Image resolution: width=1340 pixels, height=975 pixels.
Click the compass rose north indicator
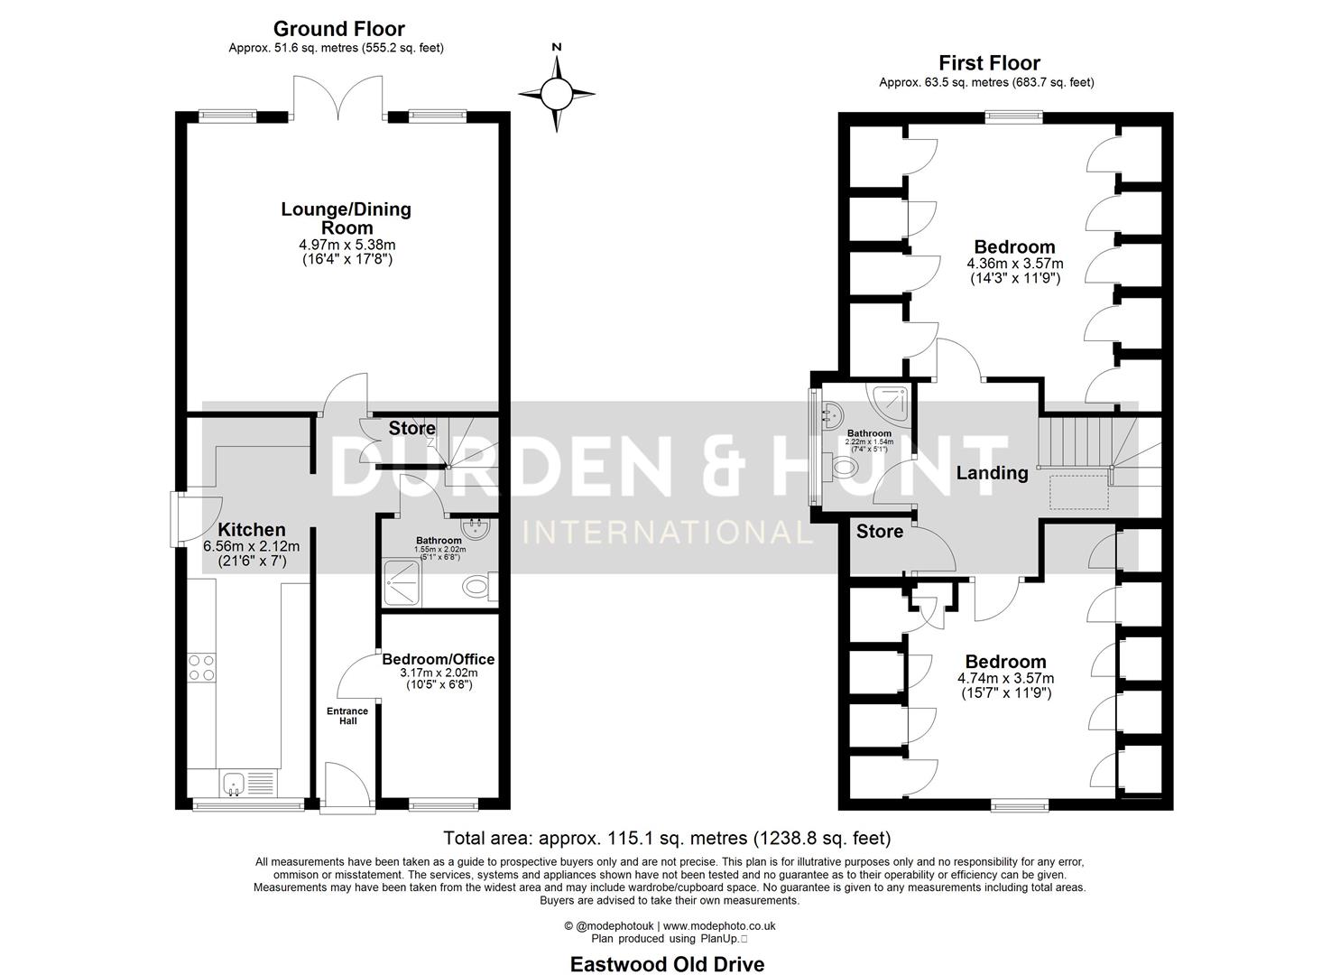coord(557,90)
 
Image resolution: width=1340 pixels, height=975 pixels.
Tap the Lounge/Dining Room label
coord(347,218)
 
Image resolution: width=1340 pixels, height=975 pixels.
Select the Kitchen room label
coord(252,530)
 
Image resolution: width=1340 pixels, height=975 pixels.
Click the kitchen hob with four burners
coord(201,667)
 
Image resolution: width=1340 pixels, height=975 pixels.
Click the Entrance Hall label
coord(347,716)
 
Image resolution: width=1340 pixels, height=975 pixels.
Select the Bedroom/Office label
coord(438,659)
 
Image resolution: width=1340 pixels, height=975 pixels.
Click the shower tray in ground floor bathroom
coord(402,580)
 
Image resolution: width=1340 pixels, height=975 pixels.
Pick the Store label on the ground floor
coord(412,428)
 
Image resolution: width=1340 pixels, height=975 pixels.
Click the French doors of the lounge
coord(339,97)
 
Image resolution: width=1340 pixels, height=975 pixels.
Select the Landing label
coord(992,473)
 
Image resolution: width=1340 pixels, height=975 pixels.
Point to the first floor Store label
coord(880,532)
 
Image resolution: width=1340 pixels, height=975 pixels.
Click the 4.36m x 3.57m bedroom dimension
coord(1015,264)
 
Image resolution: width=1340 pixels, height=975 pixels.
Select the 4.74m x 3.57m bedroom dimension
coord(1006,679)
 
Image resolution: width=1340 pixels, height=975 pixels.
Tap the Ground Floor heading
coord(338,30)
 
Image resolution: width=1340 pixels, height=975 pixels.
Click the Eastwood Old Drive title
coord(667,964)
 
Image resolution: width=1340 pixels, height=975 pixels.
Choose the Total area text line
coord(667,838)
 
